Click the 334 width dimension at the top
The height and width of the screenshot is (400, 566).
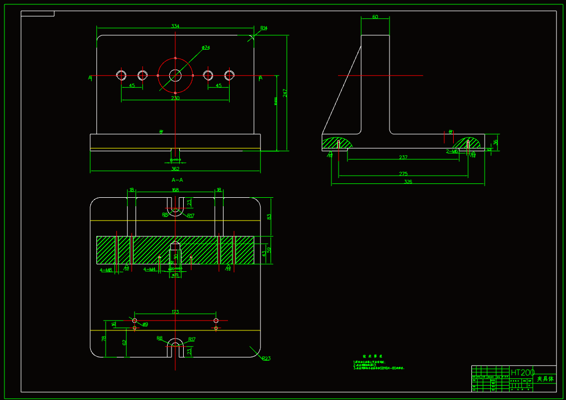point(175,26)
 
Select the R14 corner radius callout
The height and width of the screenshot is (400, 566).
point(264,28)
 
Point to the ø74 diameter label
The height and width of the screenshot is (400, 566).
point(206,48)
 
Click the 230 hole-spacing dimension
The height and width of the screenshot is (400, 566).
point(175,98)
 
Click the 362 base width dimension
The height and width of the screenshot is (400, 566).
point(175,169)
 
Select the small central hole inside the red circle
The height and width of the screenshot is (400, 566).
point(175,75)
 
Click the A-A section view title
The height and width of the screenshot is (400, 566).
point(177,180)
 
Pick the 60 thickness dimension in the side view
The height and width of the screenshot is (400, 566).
point(375,17)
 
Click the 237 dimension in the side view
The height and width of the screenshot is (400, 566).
point(403,157)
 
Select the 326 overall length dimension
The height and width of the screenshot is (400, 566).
point(408,182)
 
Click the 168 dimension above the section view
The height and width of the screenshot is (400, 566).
point(175,190)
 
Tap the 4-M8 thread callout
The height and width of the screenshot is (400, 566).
point(106,270)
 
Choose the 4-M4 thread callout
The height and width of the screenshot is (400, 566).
point(149,270)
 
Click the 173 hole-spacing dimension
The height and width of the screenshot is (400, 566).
point(175,312)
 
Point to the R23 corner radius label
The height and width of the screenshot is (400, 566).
point(266,358)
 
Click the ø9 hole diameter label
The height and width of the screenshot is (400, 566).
point(145,324)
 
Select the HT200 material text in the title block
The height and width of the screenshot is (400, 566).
point(523,373)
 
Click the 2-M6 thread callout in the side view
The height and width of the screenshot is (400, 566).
point(452,151)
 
